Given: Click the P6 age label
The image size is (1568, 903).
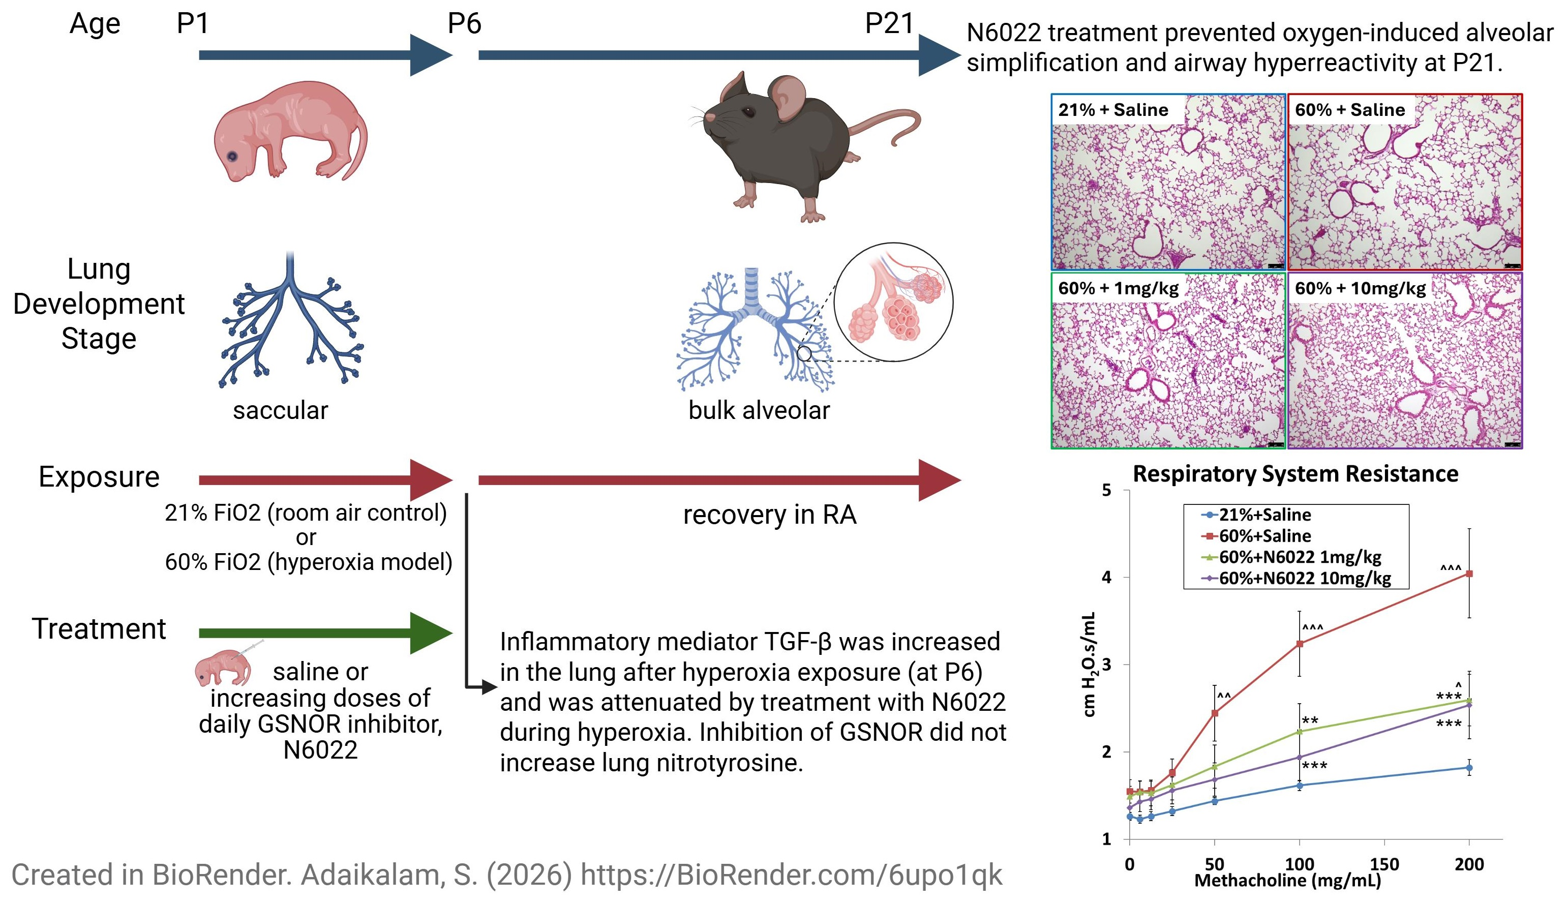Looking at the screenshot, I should point(464,23).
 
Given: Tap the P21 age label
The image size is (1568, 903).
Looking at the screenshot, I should point(889,23).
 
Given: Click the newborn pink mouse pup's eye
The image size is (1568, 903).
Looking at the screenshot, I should point(232,156).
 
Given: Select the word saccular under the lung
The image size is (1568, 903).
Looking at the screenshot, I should point(280,410).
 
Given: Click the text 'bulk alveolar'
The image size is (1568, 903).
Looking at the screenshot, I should point(759,410).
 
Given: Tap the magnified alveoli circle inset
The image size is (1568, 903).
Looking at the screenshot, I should point(893,302).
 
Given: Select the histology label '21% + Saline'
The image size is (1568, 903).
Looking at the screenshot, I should point(1113,110).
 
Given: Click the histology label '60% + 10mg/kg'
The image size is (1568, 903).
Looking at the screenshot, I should point(1360,288).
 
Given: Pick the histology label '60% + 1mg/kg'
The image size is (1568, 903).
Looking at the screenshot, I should point(1118,288).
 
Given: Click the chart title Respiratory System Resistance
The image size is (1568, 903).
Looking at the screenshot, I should point(1295,474).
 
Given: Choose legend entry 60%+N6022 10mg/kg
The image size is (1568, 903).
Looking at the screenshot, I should point(1305,579).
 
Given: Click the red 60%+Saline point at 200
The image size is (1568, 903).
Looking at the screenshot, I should point(1469,574).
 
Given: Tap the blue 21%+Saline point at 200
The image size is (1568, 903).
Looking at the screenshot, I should point(1469,768).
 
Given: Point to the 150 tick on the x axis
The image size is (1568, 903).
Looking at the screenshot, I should point(1384,864).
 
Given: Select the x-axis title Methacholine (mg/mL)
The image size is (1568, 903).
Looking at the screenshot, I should point(1287,881).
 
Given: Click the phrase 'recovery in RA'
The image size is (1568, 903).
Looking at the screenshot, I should point(769,515).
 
